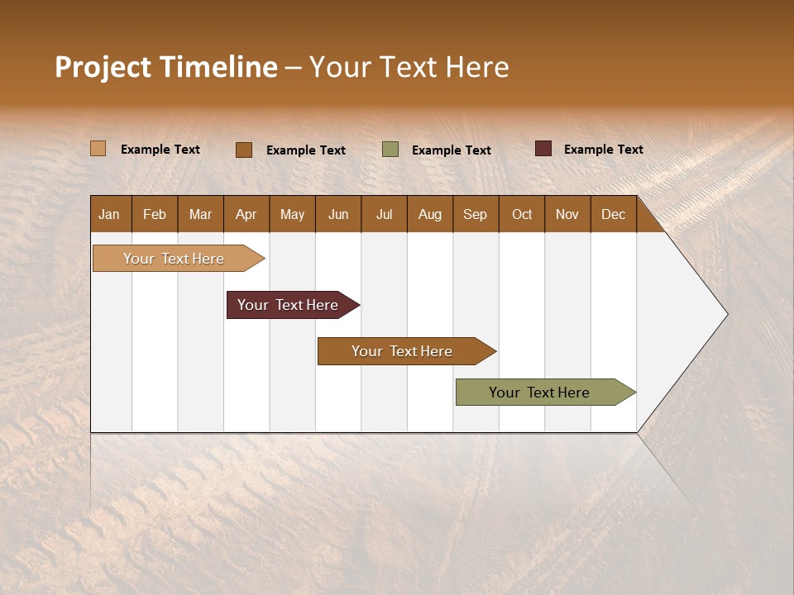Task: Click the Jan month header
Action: (109, 214)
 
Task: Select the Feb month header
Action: (155, 214)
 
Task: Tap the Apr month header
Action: (246, 214)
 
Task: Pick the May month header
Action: (292, 214)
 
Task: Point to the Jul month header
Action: (384, 214)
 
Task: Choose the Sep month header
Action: (475, 214)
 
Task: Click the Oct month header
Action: (522, 214)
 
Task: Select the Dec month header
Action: (613, 214)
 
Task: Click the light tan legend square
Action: (98, 149)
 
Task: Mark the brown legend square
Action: (244, 150)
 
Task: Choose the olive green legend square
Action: (390, 150)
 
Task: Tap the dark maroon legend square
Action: (543, 149)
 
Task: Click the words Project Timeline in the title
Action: (166, 67)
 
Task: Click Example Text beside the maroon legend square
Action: (603, 150)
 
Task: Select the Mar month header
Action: (200, 214)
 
